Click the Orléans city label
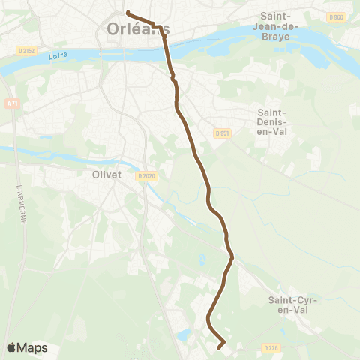coord(137,29)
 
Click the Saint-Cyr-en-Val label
coord(293,304)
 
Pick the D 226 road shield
coord(271,347)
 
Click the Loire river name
coord(53,56)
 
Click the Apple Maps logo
coord(27,347)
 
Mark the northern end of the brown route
coord(128,13)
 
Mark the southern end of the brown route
coord(219,347)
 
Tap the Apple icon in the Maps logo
coord(12,347)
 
